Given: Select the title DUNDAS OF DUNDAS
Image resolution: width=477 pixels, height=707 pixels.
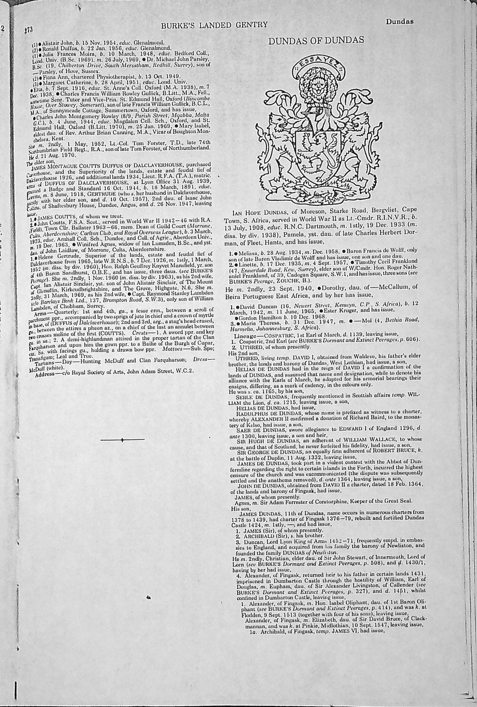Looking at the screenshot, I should coord(316,40).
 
